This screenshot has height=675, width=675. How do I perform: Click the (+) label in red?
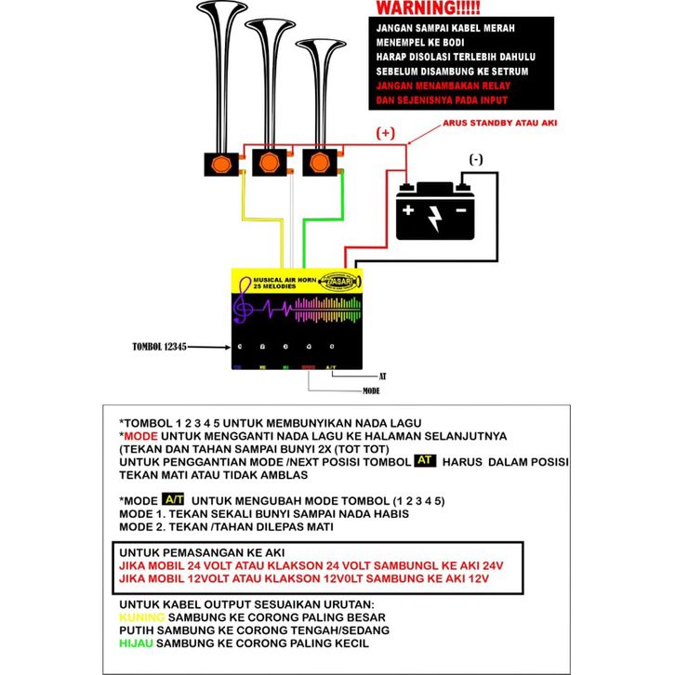tap(384, 134)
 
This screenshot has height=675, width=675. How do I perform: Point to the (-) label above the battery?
tap(476, 160)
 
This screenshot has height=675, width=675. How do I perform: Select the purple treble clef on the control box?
tap(245, 308)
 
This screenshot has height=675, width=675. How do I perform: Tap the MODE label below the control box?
tap(373, 391)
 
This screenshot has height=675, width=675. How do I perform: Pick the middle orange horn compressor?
tap(271, 165)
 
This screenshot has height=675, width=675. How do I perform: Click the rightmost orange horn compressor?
tap(321, 165)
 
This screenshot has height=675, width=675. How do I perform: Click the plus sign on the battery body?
tap(408, 210)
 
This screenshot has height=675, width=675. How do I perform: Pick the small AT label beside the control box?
tap(382, 376)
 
